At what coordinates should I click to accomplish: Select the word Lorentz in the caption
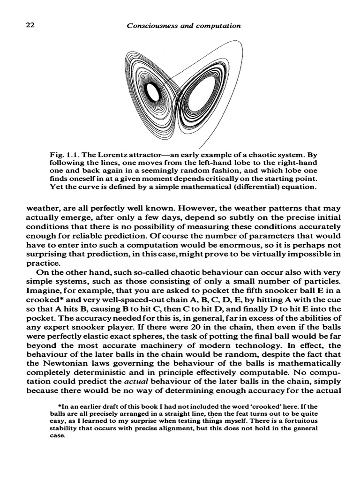click(107, 155)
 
